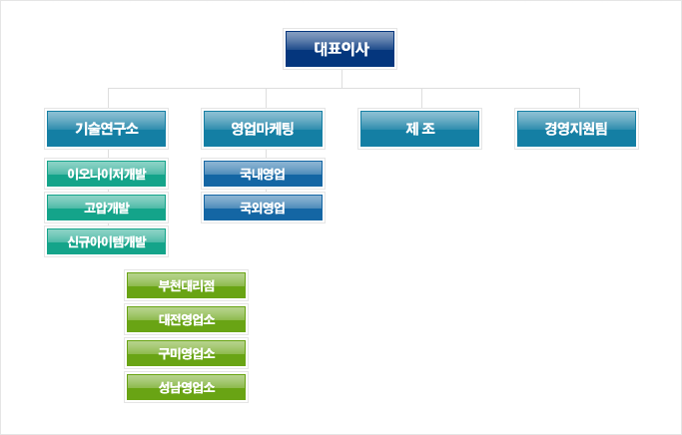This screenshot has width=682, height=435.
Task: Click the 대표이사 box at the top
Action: point(340,49)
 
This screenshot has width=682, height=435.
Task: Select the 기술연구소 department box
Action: point(106,129)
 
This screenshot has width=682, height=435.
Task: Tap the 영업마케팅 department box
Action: point(263,129)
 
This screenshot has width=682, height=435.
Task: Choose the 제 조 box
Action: point(419,129)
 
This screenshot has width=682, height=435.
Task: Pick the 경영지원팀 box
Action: point(576,129)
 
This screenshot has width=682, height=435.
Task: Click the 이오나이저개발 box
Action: point(106,174)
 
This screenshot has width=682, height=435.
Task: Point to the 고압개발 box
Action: point(106,208)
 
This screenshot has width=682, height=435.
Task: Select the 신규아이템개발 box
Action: point(106,241)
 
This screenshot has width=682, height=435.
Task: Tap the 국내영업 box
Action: point(263,174)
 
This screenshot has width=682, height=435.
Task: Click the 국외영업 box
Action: point(263,208)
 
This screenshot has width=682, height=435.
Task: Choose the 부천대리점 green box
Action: point(186,285)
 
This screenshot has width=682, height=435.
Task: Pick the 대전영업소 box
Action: point(186,319)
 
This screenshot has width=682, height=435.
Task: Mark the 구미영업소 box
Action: point(186,353)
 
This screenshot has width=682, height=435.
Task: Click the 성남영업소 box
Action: point(186,387)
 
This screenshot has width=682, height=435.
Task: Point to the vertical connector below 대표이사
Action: point(341,79)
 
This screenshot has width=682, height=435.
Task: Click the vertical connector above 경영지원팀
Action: point(579,98)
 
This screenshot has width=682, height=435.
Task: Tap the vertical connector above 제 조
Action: point(421,98)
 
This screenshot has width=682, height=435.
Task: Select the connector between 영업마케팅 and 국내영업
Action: point(267,154)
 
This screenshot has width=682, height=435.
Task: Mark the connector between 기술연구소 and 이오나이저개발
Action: point(108,154)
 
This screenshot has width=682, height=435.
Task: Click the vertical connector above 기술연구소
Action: point(108,98)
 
